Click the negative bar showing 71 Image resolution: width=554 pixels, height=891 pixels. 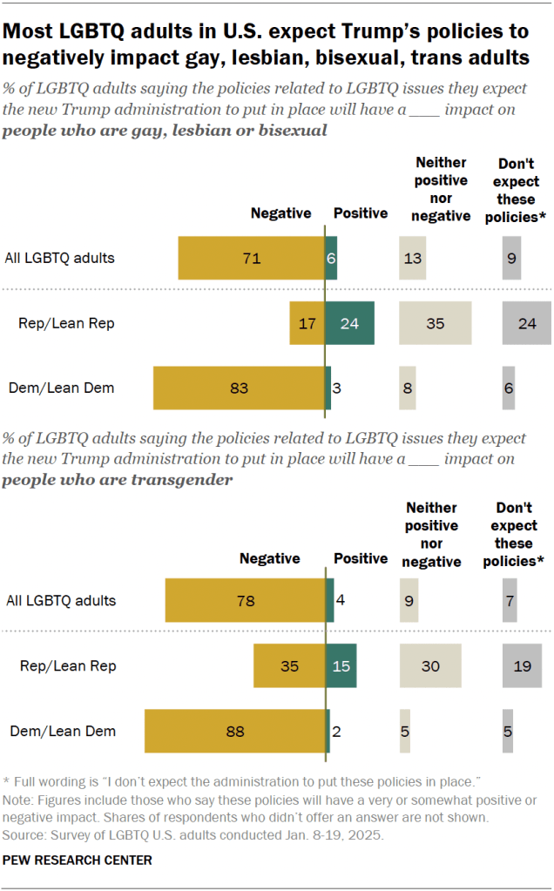pyautogui.click(x=251, y=258)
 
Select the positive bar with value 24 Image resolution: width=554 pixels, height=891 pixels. pyautogui.click(x=349, y=323)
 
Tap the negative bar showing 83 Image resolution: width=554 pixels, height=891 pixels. pyautogui.click(x=239, y=388)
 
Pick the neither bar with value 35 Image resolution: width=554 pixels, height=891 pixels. pyautogui.click(x=436, y=323)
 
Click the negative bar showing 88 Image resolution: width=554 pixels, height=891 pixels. pyautogui.click(x=235, y=731)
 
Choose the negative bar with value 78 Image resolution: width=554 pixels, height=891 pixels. pyautogui.click(x=246, y=600)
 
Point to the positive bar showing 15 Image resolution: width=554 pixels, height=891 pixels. pyautogui.click(x=341, y=666)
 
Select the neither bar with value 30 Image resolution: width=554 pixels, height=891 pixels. pyautogui.click(x=430, y=666)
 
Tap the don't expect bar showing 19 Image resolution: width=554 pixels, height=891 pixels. pyautogui.click(x=523, y=666)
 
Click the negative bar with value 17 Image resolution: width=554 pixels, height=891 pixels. pyautogui.click(x=307, y=323)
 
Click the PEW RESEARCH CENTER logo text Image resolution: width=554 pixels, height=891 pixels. pyautogui.click(x=78, y=860)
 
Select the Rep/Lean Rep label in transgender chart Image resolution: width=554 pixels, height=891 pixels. pyautogui.click(x=68, y=666)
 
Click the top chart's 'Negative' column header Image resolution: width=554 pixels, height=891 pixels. pyautogui.click(x=280, y=213)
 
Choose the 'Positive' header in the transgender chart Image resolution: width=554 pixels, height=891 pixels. pyautogui.click(x=361, y=558)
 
